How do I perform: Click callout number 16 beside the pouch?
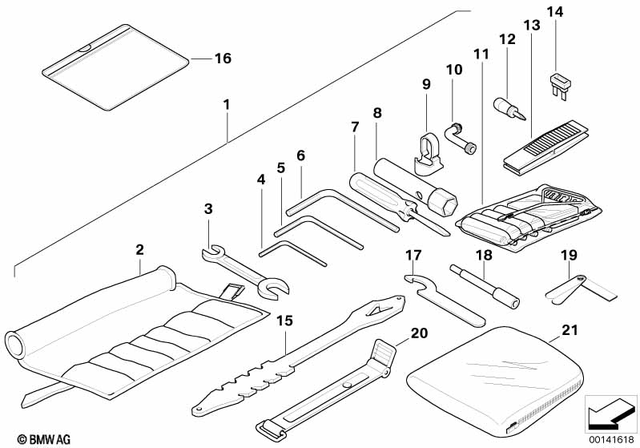click(222, 58)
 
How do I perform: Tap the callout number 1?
click(227, 104)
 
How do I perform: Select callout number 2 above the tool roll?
click(140, 249)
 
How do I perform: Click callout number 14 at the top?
click(555, 13)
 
